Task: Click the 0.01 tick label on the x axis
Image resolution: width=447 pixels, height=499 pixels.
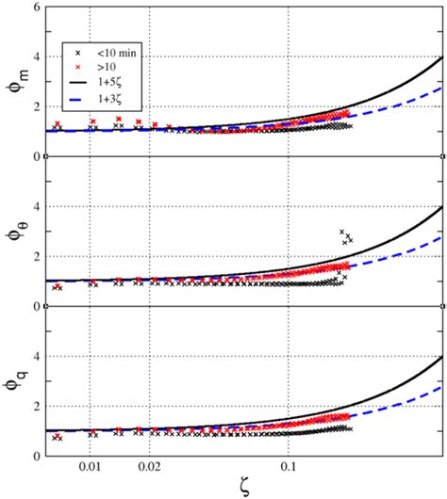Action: click(90, 466)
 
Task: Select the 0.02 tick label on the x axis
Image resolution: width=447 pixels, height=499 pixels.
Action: click(150, 466)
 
